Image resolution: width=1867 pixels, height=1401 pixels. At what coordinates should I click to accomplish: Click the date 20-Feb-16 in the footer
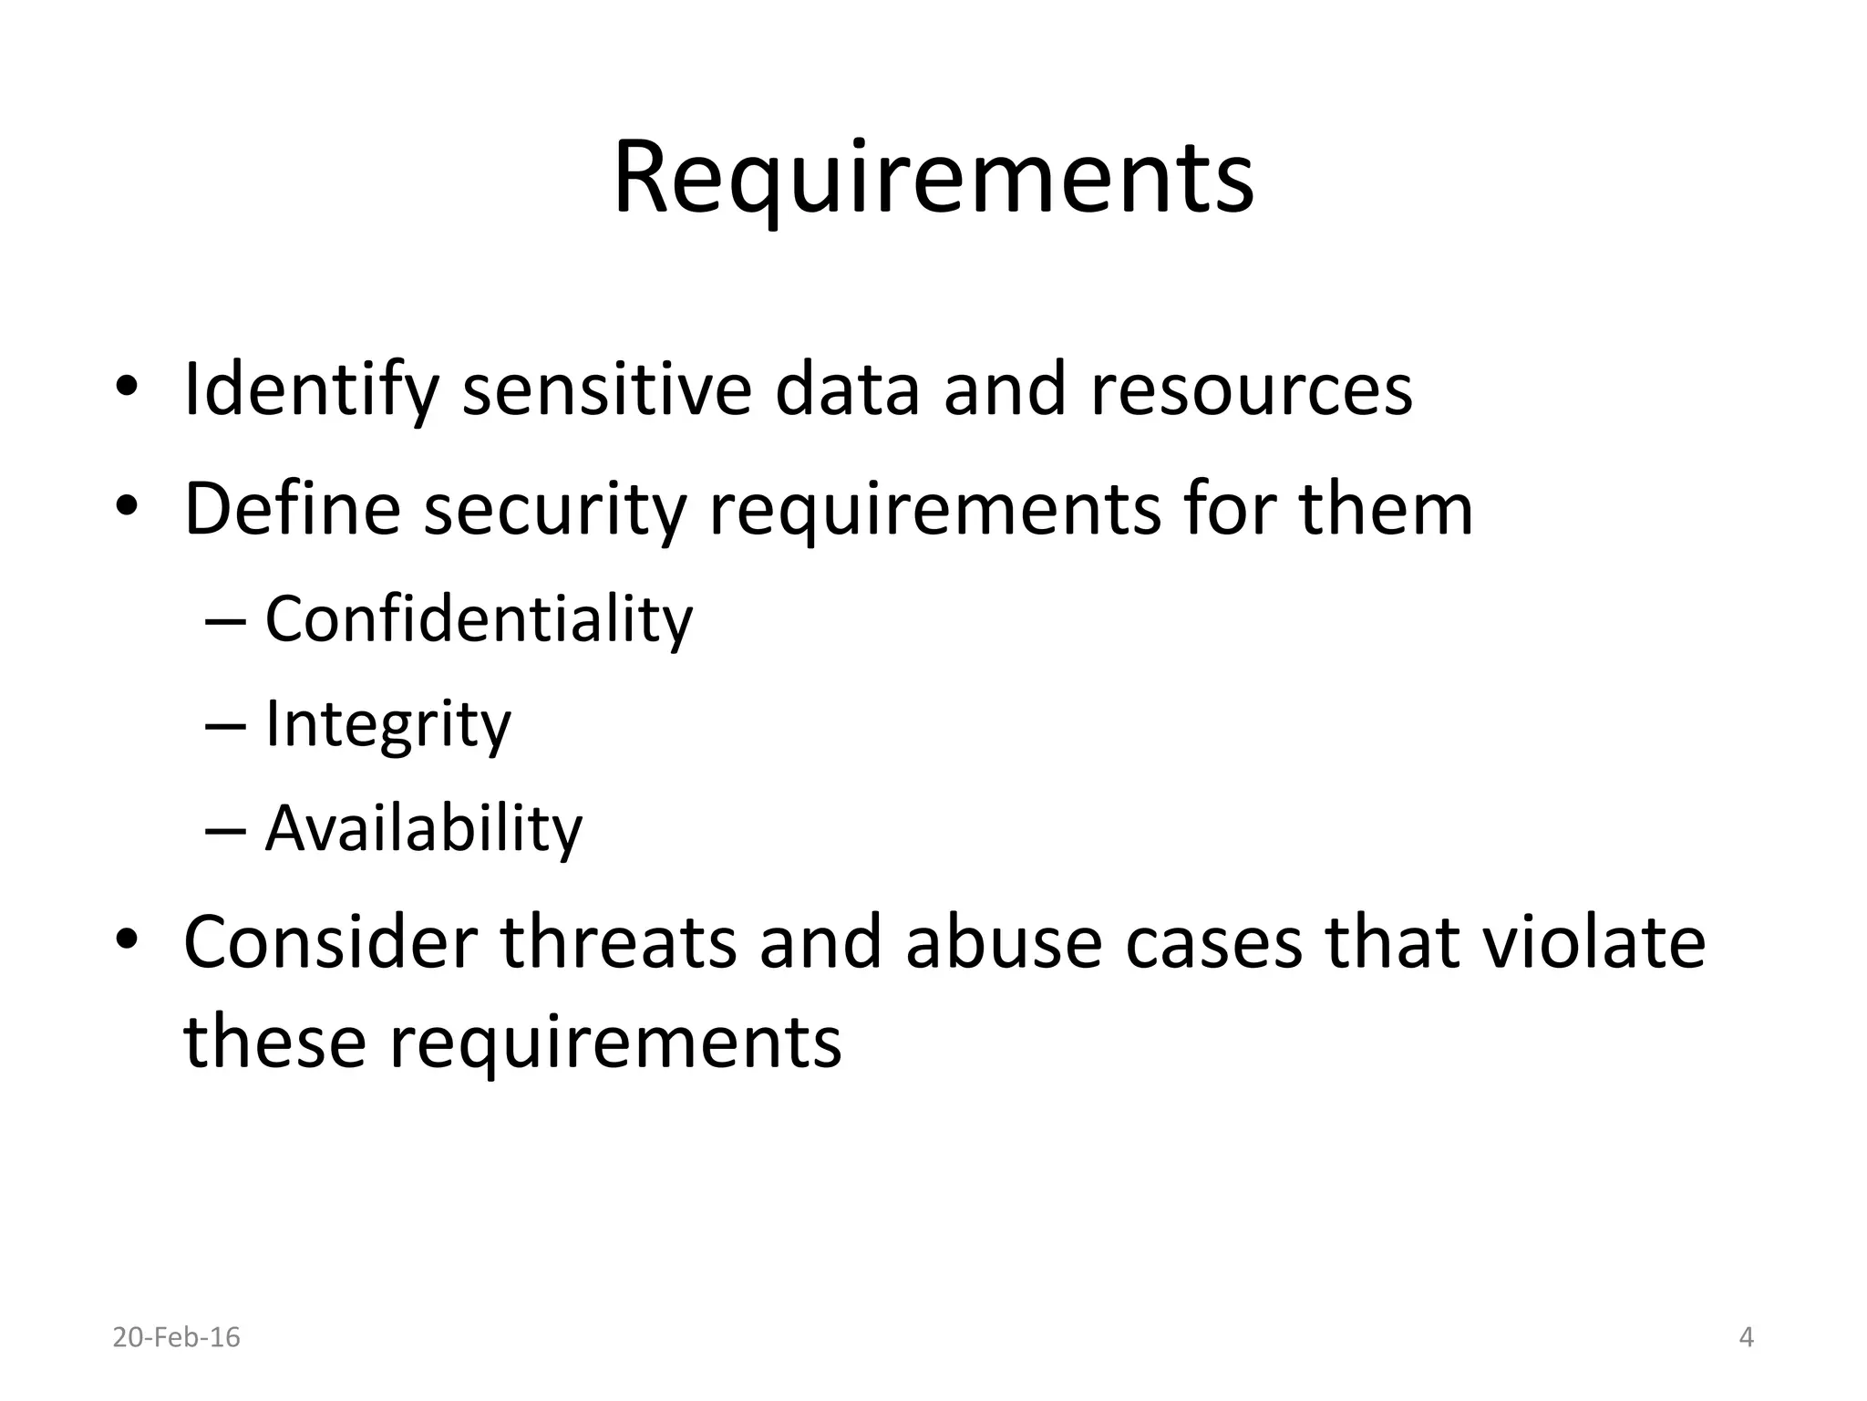click(x=176, y=1337)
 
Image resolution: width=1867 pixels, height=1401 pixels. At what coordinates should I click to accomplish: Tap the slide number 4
click(x=1746, y=1337)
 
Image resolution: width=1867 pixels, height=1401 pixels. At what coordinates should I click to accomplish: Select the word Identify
click(x=311, y=390)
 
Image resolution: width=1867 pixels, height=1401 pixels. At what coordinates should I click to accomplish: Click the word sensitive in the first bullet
click(x=607, y=390)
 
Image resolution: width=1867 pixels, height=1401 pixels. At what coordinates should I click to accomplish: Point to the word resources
click(x=1251, y=390)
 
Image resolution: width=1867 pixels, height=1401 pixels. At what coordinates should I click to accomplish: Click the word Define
click(x=292, y=509)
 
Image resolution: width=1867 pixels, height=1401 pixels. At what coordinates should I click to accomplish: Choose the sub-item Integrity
click(x=387, y=725)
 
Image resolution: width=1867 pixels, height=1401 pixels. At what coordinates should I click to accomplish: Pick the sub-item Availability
click(x=423, y=830)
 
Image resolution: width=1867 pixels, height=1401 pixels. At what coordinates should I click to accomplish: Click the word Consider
click(x=330, y=942)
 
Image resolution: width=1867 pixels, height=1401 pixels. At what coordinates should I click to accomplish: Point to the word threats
click(x=618, y=942)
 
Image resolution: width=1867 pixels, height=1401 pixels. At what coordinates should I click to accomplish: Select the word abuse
click(x=1004, y=942)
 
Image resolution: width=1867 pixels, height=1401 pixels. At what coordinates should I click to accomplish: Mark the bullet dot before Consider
click(x=127, y=939)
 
